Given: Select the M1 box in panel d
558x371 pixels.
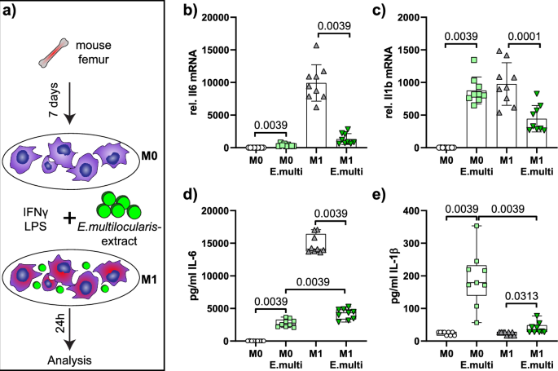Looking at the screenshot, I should [x=315, y=243].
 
